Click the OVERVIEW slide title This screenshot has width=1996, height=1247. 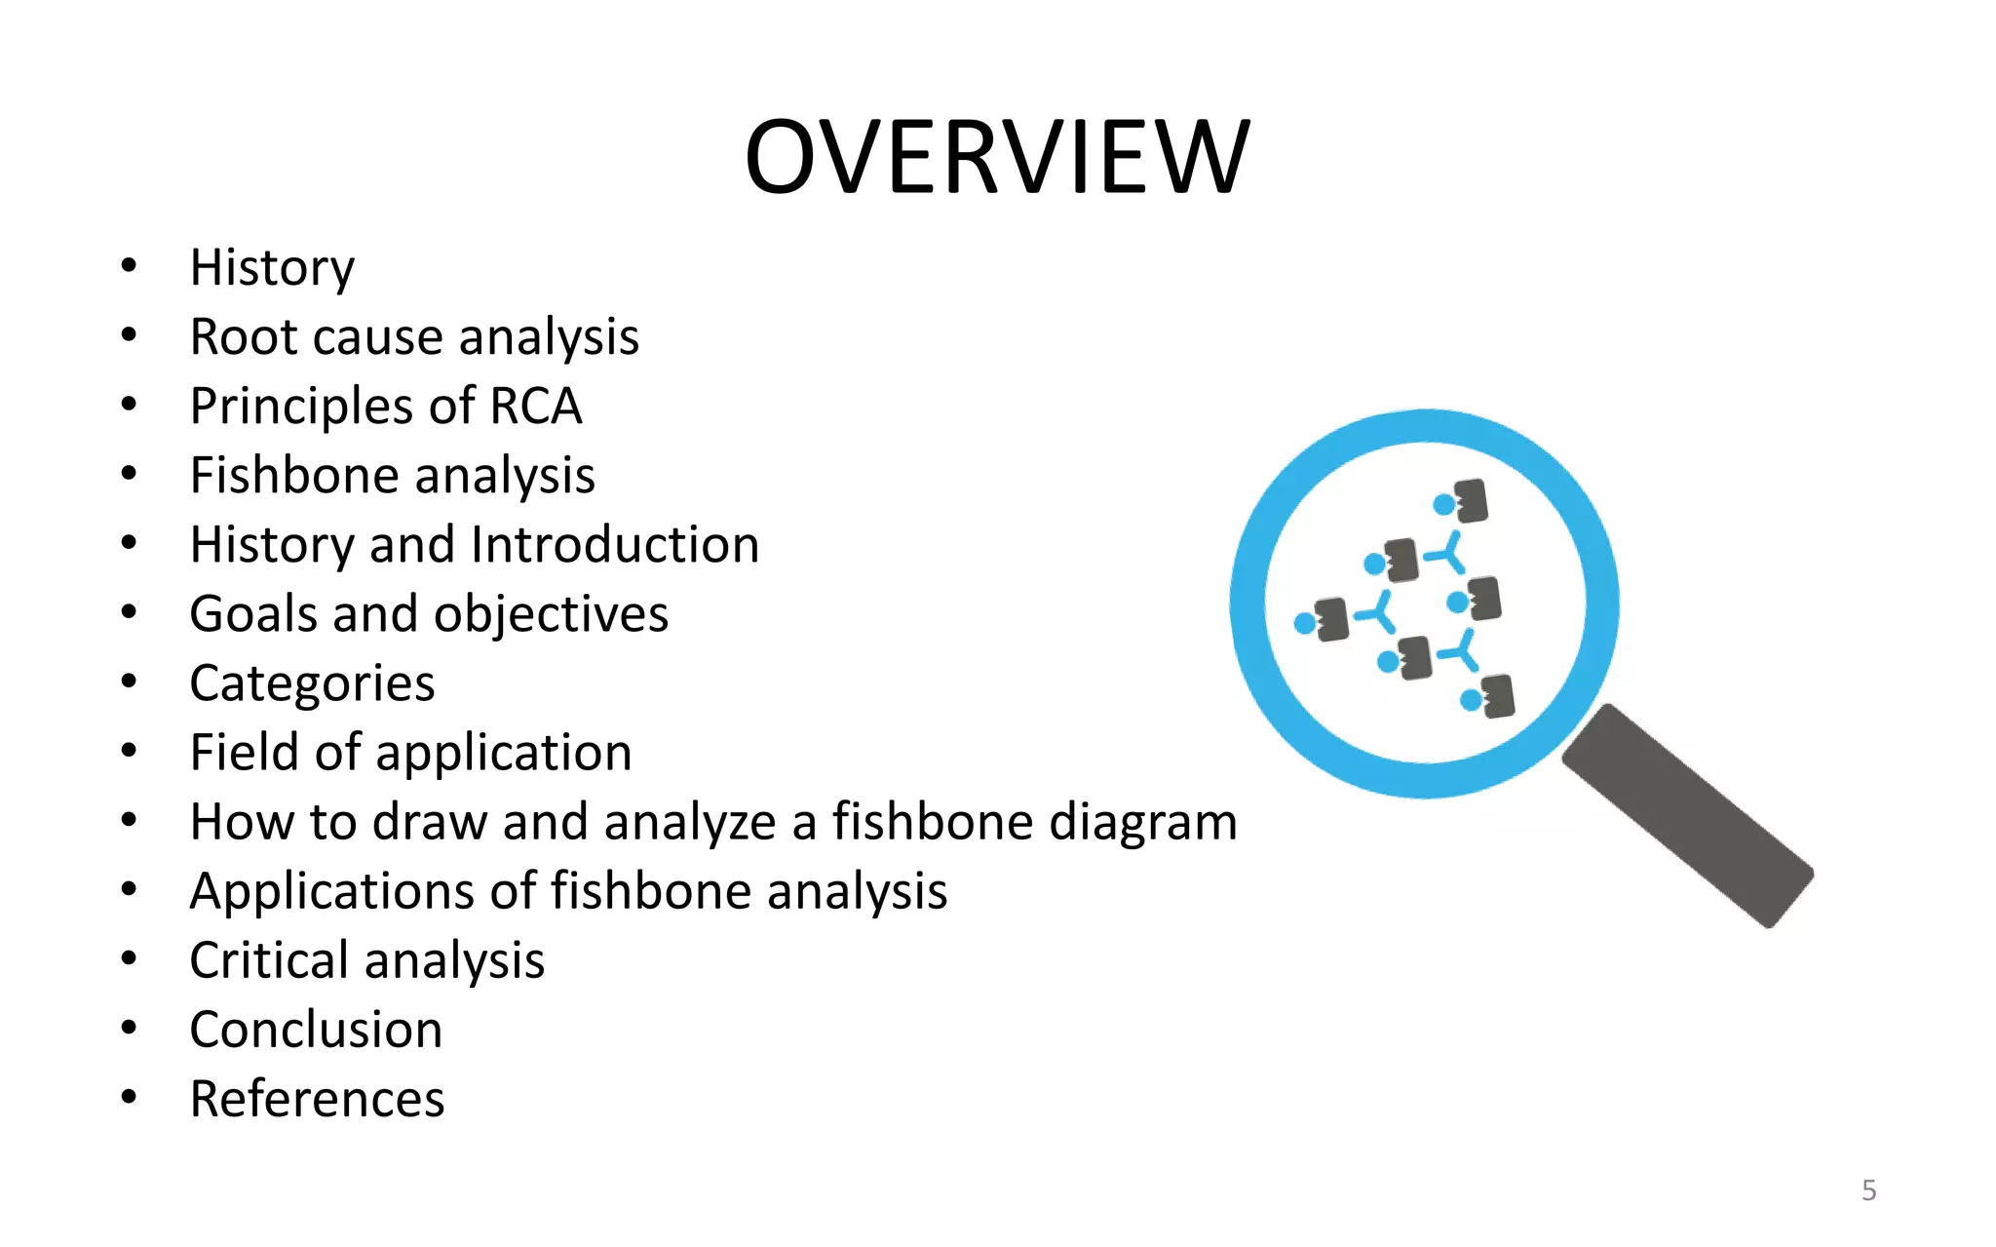tap(997, 157)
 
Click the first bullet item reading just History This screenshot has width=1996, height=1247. tap(272, 267)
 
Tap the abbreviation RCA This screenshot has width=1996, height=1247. tap(536, 406)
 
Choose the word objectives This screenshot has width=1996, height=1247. tap(551, 614)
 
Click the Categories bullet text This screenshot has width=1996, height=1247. tap(312, 682)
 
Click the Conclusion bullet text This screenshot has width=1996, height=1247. tap(316, 1030)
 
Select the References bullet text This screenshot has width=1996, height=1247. tap(317, 1099)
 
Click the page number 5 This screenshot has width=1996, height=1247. tap(1868, 1190)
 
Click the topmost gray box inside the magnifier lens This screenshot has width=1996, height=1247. tap(1471, 501)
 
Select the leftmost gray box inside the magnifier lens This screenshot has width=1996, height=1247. tap(1331, 620)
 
